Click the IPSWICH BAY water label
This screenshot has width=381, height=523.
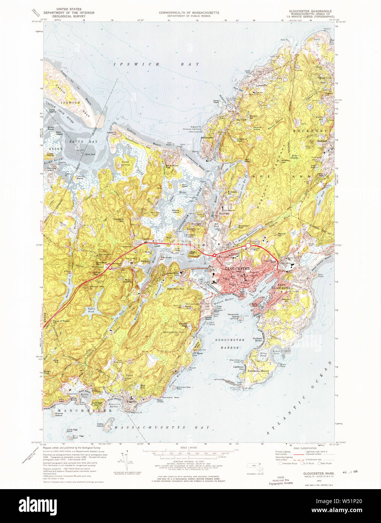(157, 64)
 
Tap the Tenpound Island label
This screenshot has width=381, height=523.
(233, 316)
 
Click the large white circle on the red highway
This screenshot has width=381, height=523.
(248, 246)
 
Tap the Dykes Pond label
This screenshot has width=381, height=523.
(91, 310)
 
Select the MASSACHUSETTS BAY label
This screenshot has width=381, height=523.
(162, 428)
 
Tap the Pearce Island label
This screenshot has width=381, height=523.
(175, 211)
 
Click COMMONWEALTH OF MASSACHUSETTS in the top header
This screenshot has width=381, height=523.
(189, 12)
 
